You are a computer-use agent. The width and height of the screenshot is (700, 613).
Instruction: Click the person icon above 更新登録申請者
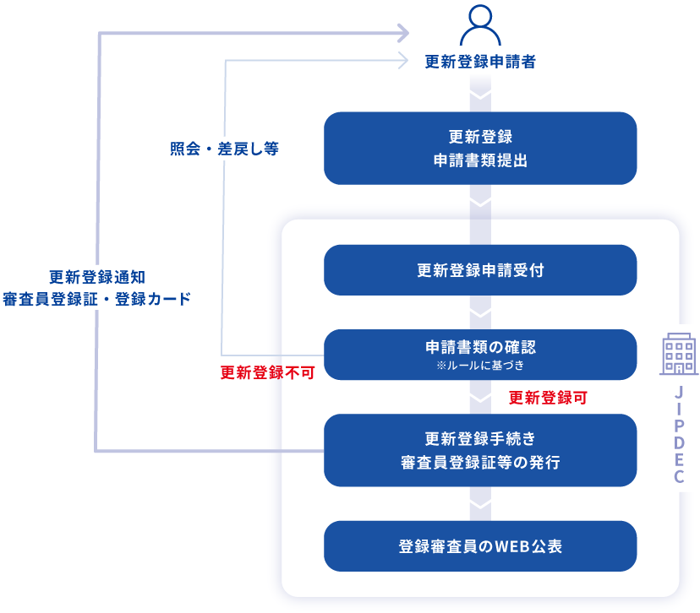pyautogui.click(x=480, y=26)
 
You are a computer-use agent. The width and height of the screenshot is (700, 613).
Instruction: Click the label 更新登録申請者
pyautogui.click(x=480, y=62)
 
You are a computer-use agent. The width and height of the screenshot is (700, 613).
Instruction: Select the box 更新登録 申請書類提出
pyautogui.click(x=480, y=148)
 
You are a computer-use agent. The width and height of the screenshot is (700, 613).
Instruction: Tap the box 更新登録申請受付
pyautogui.click(x=480, y=270)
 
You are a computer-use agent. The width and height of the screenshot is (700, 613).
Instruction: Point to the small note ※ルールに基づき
pyautogui.click(x=480, y=366)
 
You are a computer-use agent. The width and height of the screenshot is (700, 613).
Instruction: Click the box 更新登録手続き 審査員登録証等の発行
pyautogui.click(x=480, y=450)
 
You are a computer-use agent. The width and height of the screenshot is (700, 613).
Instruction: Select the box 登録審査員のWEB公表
pyautogui.click(x=480, y=546)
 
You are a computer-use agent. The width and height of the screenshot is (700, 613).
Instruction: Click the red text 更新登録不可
pyautogui.click(x=267, y=372)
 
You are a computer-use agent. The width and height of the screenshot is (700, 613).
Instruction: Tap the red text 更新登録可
pyautogui.click(x=548, y=397)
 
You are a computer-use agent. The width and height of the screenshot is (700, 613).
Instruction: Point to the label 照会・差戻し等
pyautogui.click(x=224, y=149)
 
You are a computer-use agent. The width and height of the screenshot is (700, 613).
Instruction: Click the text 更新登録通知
pyautogui.click(x=97, y=276)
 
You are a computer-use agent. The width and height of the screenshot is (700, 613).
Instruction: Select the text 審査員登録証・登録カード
pyautogui.click(x=97, y=299)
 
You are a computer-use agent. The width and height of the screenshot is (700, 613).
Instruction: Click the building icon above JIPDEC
pyautogui.click(x=679, y=354)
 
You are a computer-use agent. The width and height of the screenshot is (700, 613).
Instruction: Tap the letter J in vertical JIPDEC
pyautogui.click(x=679, y=394)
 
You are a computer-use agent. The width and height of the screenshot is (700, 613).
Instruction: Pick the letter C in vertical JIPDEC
pyautogui.click(x=679, y=477)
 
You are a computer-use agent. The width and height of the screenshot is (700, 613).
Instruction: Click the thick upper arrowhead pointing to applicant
pyautogui.click(x=402, y=33)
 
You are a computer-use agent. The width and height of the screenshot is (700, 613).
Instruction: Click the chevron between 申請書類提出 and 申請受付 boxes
pyautogui.click(x=480, y=203)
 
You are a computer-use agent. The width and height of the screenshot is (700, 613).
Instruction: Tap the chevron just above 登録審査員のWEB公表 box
pyautogui.click(x=480, y=505)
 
